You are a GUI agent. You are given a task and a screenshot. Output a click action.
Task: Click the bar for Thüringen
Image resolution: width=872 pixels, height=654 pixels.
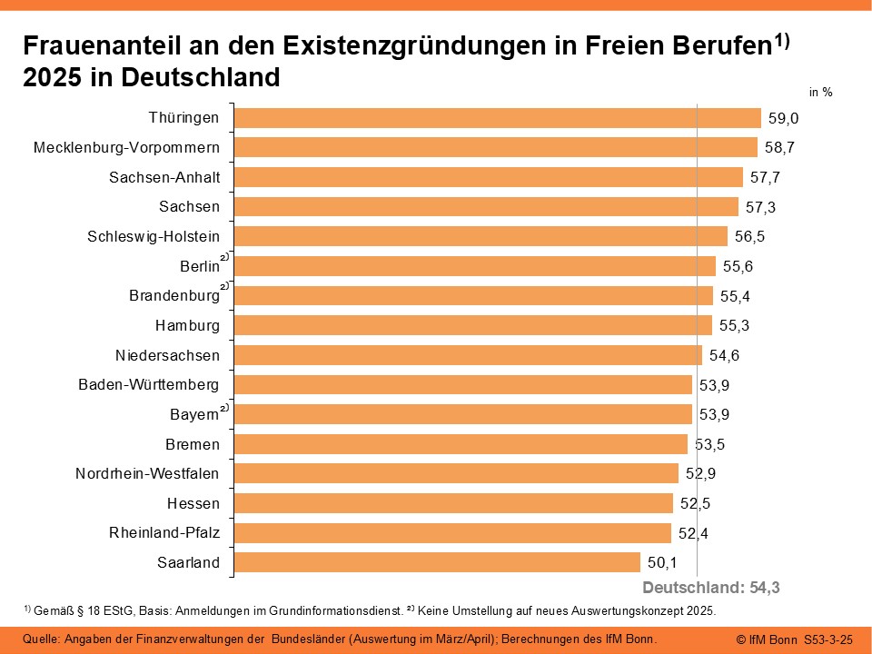(498, 118)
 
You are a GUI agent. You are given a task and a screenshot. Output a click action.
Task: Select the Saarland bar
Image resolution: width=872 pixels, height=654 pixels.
(438, 562)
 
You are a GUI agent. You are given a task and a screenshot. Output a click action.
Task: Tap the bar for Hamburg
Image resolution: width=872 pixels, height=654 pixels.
(473, 325)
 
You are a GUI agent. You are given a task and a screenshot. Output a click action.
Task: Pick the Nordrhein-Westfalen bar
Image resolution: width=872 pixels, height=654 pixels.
(456, 473)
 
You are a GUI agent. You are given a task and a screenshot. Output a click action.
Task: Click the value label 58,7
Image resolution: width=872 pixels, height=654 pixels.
(779, 147)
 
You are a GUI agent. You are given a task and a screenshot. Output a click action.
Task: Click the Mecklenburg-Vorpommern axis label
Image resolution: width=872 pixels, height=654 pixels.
(126, 147)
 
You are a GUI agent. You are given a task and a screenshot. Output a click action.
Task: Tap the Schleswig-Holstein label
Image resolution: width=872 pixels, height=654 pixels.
(154, 236)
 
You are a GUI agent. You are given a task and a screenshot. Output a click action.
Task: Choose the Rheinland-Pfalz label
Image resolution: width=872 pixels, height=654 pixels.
(164, 532)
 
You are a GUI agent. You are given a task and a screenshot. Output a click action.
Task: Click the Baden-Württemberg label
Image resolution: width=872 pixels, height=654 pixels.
(149, 384)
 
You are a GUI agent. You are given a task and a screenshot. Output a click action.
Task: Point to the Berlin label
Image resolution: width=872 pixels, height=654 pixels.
(200, 266)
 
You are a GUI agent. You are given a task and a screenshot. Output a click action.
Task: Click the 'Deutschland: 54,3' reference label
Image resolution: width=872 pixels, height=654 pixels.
(711, 588)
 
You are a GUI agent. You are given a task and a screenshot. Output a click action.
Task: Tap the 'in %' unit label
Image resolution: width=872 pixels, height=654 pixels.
(821, 92)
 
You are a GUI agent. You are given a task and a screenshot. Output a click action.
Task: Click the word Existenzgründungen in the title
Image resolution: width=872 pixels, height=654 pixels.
(402, 46)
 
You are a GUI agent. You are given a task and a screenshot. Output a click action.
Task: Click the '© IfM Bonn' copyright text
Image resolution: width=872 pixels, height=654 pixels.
(767, 639)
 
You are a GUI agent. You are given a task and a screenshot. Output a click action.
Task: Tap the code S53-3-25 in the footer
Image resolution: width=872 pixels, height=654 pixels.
(828, 639)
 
